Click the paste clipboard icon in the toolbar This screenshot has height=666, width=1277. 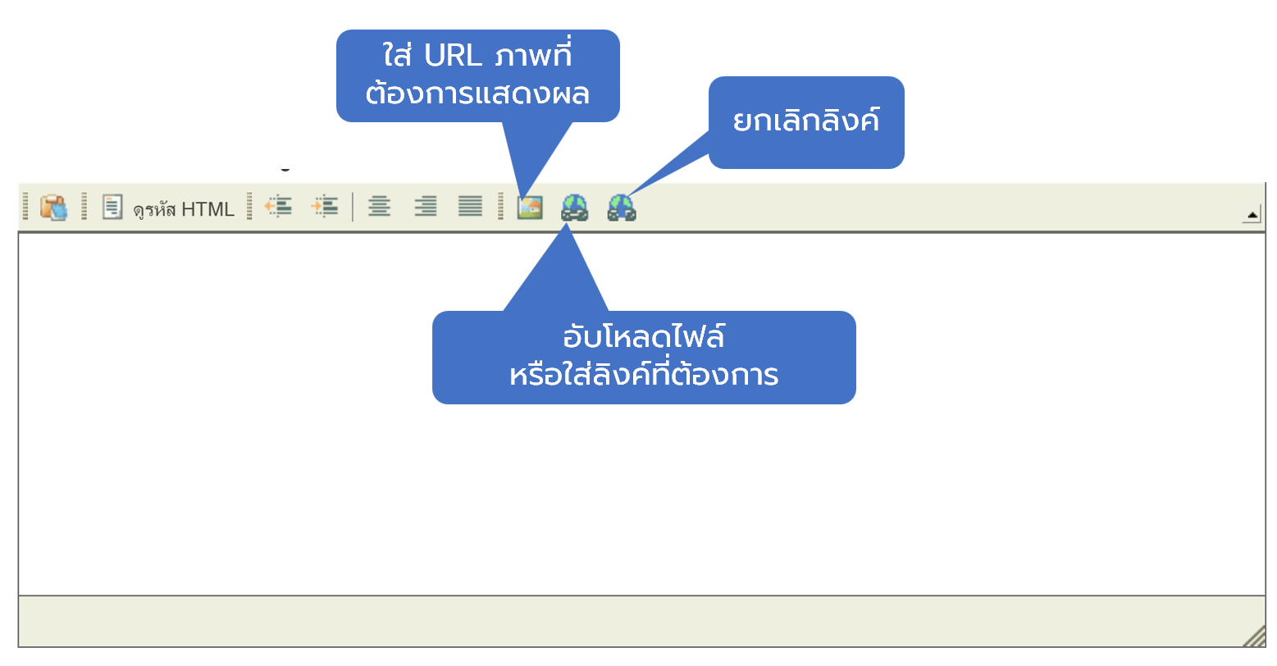53,208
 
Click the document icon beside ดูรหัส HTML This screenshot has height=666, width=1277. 112,207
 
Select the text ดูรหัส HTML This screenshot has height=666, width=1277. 184,209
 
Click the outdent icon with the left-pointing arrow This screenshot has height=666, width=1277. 279,207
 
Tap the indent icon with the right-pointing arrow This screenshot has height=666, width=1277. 325,207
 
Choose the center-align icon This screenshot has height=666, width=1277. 379,207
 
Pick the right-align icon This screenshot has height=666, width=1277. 425,207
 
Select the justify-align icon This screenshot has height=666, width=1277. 470,207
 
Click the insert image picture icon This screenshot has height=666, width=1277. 530,208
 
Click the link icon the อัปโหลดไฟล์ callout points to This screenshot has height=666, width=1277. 574,208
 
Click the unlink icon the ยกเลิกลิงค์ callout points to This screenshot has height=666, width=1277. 622,208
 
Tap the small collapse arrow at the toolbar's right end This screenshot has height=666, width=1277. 1252,216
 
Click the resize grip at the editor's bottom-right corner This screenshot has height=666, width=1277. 1254,636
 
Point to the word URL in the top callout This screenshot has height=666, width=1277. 453,56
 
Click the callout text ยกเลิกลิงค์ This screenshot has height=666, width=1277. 805,121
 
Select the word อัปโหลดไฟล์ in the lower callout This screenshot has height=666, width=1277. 644,337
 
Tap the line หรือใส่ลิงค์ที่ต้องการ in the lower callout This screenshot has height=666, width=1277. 644,376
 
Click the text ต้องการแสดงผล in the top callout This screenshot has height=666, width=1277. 477,94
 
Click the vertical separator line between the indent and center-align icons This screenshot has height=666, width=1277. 353,208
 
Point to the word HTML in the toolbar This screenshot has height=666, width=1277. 208,209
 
